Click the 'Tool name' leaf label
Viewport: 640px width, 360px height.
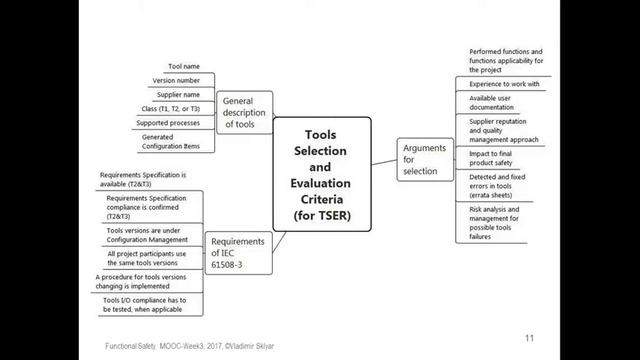click(x=183, y=65)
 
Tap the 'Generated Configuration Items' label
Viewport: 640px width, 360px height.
click(x=170, y=142)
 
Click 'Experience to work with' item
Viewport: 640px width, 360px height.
click(x=505, y=84)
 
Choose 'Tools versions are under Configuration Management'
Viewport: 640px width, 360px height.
click(x=147, y=235)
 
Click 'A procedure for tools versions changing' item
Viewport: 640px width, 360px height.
click(x=147, y=281)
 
